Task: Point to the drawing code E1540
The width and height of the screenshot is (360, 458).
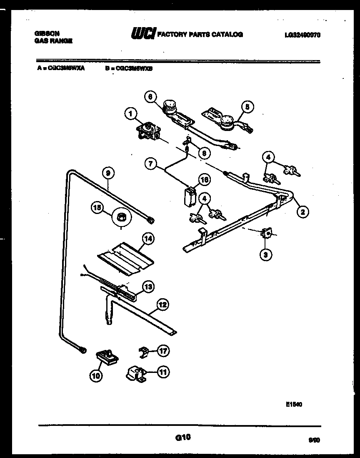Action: tap(294, 404)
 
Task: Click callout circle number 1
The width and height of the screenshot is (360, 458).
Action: tap(130, 113)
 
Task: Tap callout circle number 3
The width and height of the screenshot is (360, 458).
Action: tap(264, 254)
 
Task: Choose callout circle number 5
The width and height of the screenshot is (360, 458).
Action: tap(247, 107)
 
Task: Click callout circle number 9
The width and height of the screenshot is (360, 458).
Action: tap(108, 173)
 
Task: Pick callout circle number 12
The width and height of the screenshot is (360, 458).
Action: tap(163, 305)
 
